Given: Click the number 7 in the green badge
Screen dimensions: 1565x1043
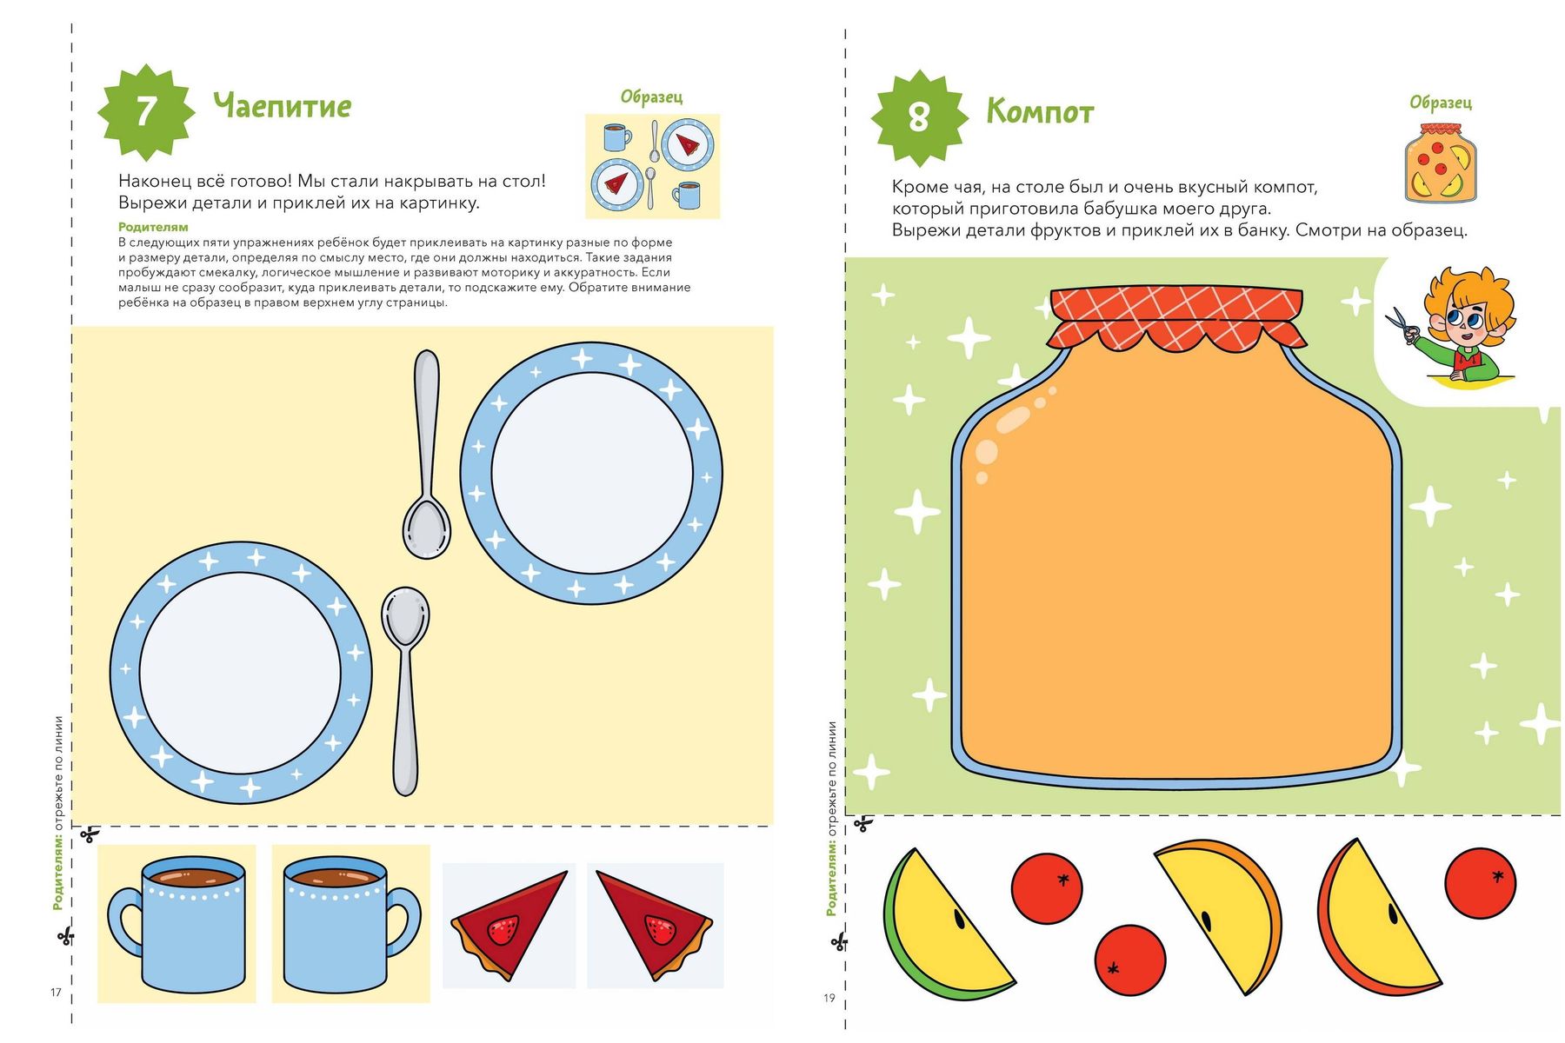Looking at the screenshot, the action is (145, 111).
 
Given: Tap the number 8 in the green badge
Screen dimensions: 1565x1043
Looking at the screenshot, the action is (919, 117).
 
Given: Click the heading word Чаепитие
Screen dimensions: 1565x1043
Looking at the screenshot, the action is (283, 106).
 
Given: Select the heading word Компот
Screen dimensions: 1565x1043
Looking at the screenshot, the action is (1040, 112).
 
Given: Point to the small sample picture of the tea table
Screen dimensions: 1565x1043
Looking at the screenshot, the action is (652, 166).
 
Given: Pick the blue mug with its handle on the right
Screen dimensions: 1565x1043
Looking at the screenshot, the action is (351, 924).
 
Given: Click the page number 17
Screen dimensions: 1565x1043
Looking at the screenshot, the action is (56, 993).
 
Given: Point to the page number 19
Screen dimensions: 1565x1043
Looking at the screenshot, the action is (829, 998).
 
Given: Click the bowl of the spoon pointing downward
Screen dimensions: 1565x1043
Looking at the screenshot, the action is (427, 528).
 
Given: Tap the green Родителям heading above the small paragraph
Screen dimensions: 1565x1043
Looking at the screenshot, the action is (153, 227).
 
